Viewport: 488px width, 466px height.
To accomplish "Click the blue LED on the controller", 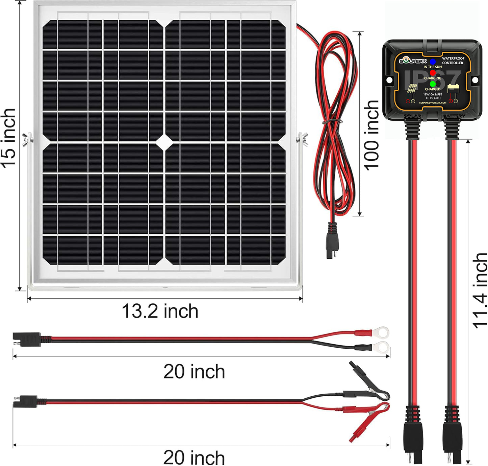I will pyautogui.click(x=433, y=62).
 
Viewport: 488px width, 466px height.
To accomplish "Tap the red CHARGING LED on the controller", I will pyautogui.click(x=433, y=72).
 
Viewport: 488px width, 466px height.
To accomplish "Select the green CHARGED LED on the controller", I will pyautogui.click(x=433, y=84).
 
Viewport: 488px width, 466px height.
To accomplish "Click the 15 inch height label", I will pyautogui.click(x=9, y=138).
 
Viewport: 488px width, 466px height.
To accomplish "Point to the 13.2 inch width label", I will pyautogui.click(x=160, y=311).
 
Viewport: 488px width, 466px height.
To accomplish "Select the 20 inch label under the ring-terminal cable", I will pyautogui.click(x=194, y=372).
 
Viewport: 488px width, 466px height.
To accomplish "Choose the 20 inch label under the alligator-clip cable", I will pyautogui.click(x=194, y=457).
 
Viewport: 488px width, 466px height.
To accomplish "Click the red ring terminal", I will pyautogui.click(x=383, y=332).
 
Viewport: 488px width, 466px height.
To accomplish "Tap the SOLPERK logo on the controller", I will pyautogui.click(x=413, y=61).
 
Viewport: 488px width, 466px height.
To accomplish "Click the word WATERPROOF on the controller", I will pyautogui.click(x=453, y=59).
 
